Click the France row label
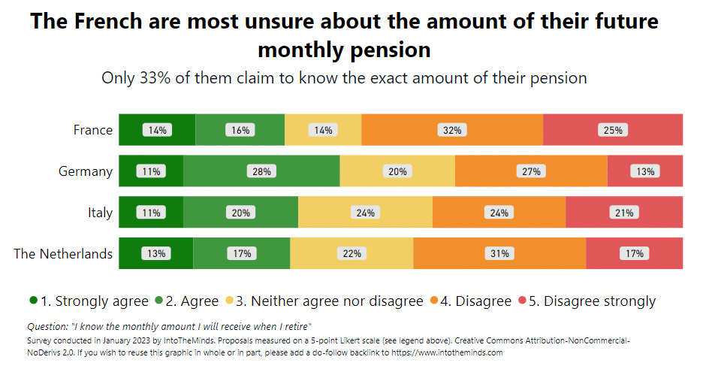(93, 130)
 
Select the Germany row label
(86, 171)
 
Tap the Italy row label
(100, 213)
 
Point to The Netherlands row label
(63, 253)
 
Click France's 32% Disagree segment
(451, 130)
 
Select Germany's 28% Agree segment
(261, 171)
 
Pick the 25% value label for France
(613, 130)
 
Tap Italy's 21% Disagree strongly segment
(624, 213)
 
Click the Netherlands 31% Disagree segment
(499, 253)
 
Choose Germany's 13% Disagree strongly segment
(645, 171)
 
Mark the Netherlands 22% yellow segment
(351, 253)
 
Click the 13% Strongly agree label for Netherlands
(156, 253)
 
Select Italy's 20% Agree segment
(240, 213)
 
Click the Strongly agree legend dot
(33, 301)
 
